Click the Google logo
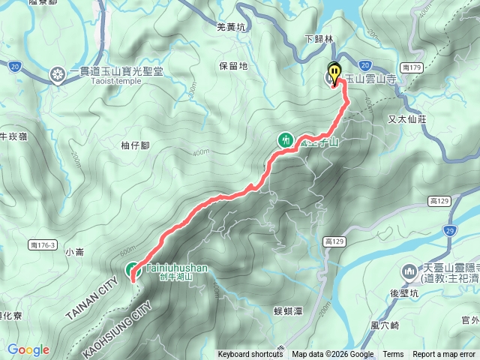[28, 349]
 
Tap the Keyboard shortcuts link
[250, 355]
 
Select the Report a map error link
[443, 355]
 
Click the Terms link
[393, 355]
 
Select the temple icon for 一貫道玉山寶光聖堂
[57, 73]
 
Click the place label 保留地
[233, 66]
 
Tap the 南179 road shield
[412, 67]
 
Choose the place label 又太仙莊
[407, 118]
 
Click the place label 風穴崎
[384, 326]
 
